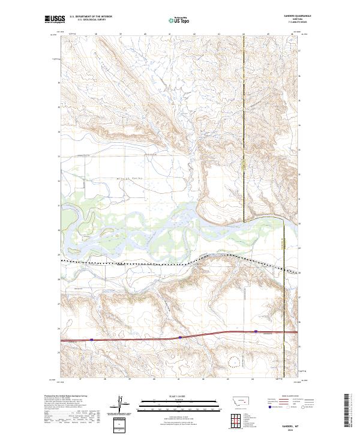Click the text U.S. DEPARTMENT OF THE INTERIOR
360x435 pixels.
point(91,17)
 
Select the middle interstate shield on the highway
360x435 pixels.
point(180,337)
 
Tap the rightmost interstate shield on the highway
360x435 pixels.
point(256,331)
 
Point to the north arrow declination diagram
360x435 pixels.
point(119,405)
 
